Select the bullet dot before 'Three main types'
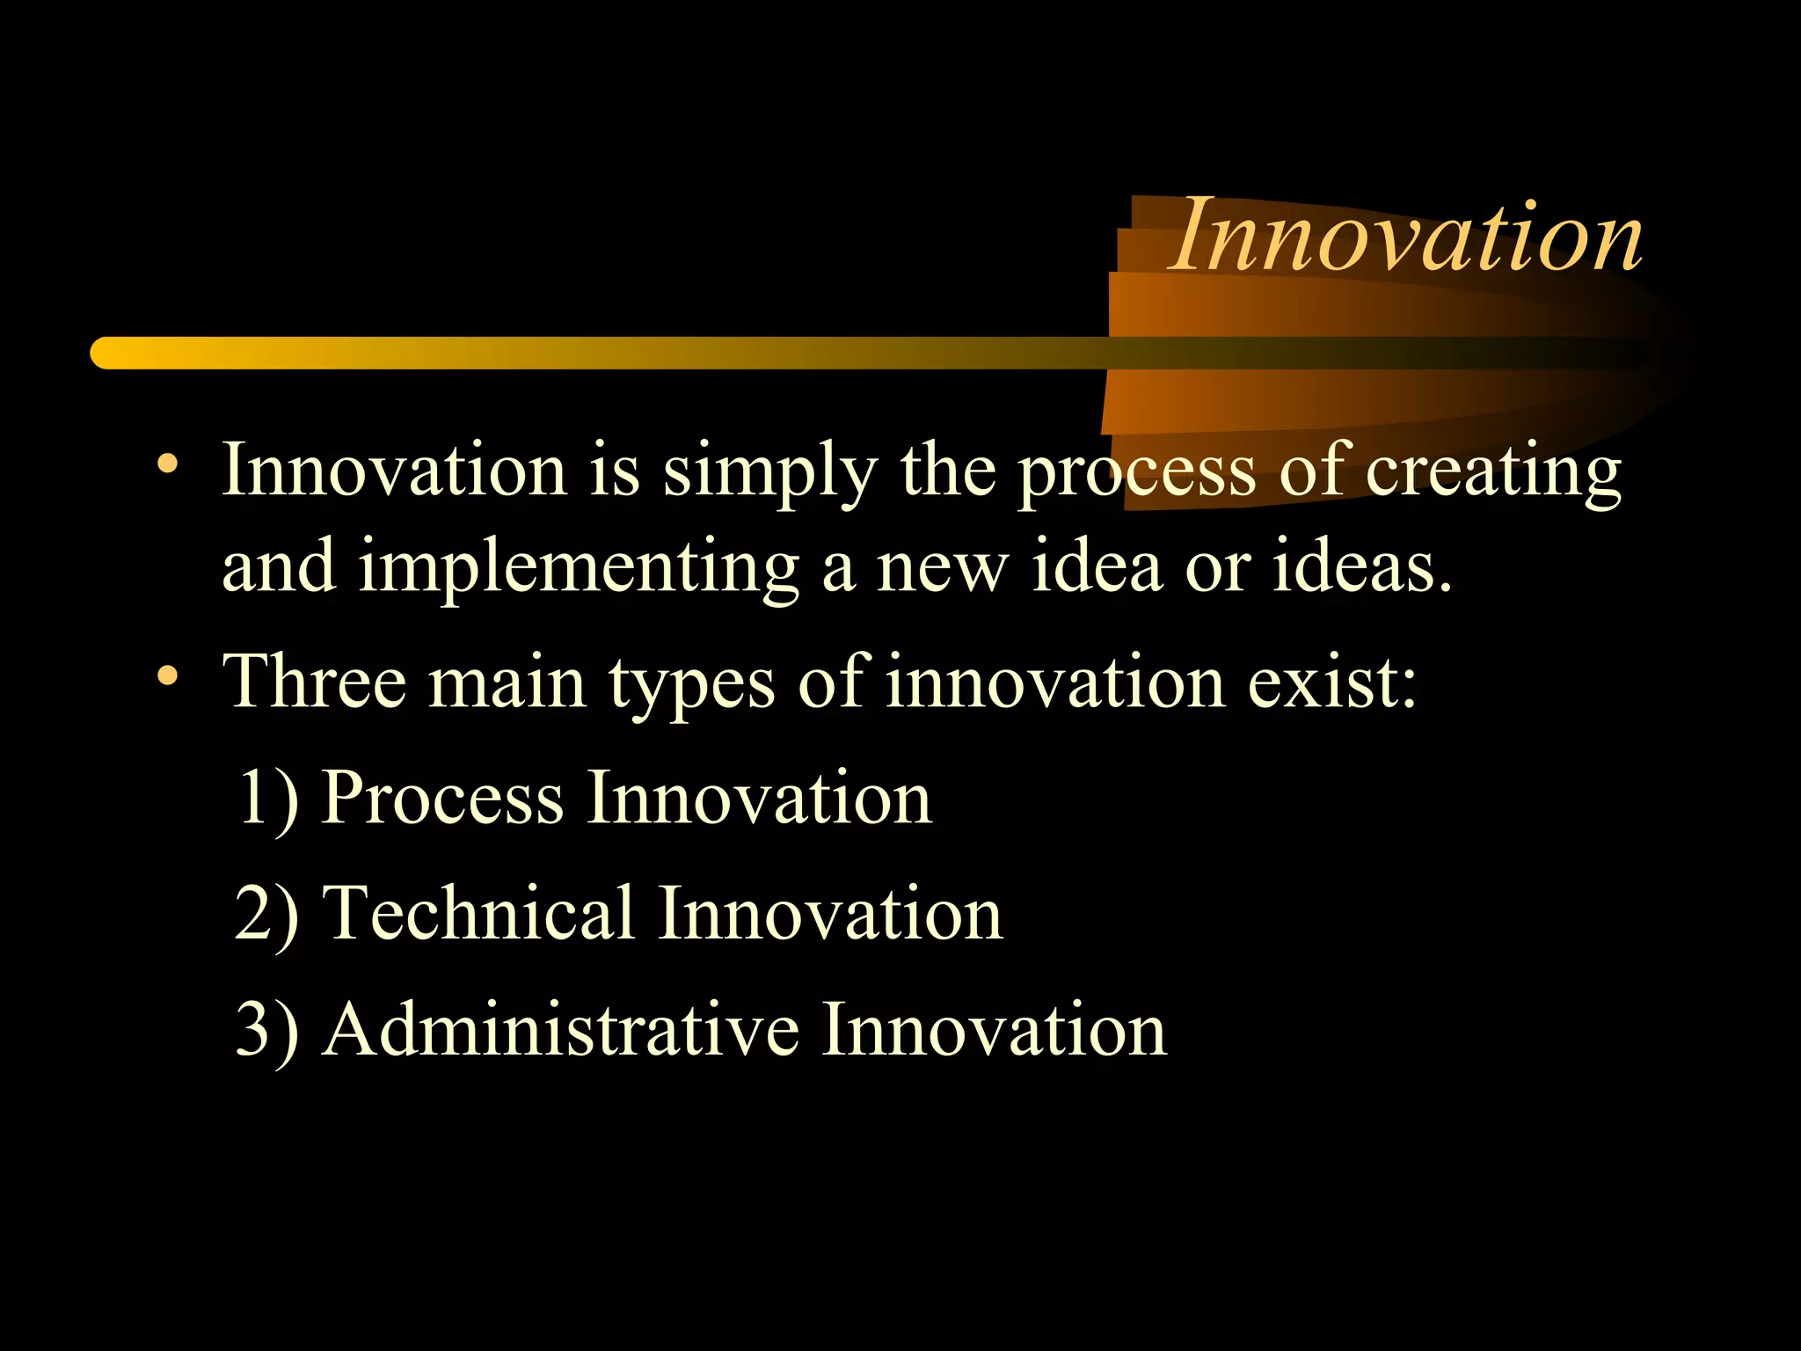pos(167,675)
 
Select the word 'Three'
pos(315,682)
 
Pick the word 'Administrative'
pos(561,1029)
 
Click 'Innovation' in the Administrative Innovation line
pos(994,1029)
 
